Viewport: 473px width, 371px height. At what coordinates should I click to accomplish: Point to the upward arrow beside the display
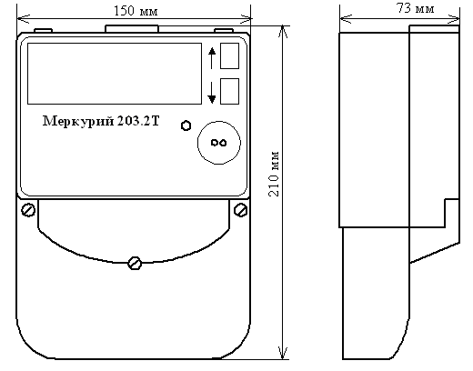coord(212,57)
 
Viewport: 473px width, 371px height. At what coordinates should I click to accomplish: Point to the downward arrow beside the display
coord(212,91)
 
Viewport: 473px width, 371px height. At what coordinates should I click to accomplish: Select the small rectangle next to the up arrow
coord(231,57)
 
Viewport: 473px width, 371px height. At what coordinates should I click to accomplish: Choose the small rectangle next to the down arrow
coord(231,91)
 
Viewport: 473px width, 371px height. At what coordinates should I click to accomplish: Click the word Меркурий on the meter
coord(78,123)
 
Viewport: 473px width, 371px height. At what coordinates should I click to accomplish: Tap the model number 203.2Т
coord(138,123)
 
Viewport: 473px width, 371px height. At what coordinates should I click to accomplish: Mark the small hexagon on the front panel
coord(186,125)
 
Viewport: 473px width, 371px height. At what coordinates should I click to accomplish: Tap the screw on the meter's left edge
coord(28,210)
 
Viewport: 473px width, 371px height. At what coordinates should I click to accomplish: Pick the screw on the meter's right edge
coord(240,210)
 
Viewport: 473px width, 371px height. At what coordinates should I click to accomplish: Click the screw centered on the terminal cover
coord(135,263)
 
